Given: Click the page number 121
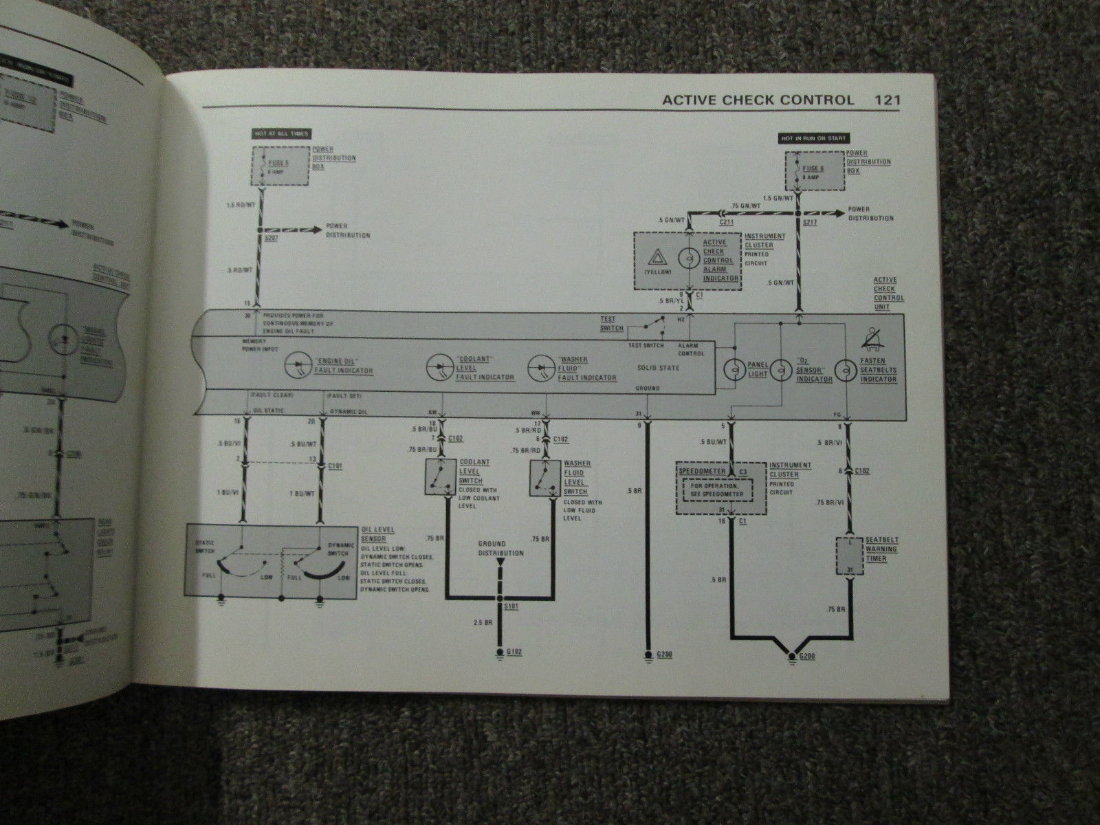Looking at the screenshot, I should coord(887,100).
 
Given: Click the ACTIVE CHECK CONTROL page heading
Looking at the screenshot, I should coord(758,100).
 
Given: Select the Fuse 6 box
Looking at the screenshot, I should coord(813,170).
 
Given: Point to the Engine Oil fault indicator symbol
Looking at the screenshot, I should coord(298,365).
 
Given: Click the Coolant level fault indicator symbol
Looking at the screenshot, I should coord(439,365).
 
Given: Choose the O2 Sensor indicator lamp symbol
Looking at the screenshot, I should coord(782,370).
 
